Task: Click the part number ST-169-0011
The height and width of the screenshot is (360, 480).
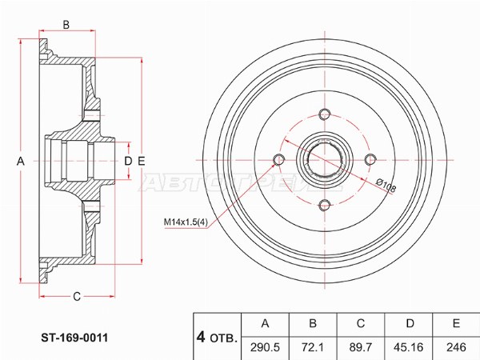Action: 75,337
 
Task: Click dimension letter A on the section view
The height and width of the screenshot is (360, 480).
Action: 21,162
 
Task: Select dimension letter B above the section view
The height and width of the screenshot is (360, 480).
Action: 66,25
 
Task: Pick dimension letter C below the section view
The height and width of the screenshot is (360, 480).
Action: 77,298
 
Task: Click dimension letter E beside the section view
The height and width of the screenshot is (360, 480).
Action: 142,162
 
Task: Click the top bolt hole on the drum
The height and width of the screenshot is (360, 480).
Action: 324,114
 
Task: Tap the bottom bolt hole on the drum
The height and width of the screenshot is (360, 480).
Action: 324,206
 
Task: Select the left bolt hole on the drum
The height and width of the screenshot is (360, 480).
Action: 278,160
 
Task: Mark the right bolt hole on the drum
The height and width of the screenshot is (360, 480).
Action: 370,160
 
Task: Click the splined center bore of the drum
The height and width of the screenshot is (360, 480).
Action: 324,160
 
